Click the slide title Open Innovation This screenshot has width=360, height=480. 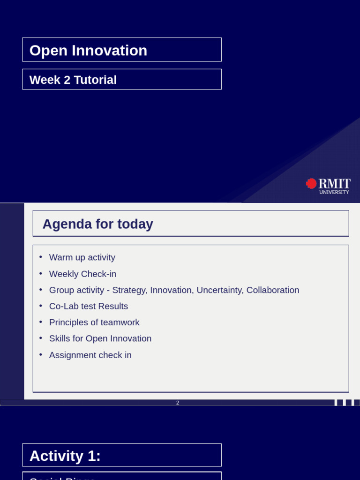(x=88, y=50)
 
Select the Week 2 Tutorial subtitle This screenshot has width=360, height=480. (x=73, y=80)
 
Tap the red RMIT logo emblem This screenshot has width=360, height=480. (x=311, y=183)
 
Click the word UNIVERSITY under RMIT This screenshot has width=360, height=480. (x=334, y=192)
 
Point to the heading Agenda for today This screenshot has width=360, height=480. (x=97, y=224)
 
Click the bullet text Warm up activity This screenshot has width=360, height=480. (x=82, y=257)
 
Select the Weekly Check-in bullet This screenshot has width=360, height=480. (x=82, y=274)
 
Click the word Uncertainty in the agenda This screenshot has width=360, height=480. (x=220, y=290)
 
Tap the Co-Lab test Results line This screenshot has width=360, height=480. (x=88, y=306)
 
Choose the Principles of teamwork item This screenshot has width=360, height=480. (x=94, y=322)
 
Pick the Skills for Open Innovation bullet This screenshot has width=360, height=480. (x=100, y=338)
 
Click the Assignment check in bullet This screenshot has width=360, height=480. (x=90, y=355)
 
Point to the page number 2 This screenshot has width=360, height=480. (x=178, y=403)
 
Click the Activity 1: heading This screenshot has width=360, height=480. (x=65, y=456)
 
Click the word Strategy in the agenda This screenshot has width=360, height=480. (x=129, y=290)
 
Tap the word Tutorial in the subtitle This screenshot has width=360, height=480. (x=95, y=80)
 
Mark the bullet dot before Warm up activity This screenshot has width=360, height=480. (x=41, y=257)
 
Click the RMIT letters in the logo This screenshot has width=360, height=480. (x=334, y=183)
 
